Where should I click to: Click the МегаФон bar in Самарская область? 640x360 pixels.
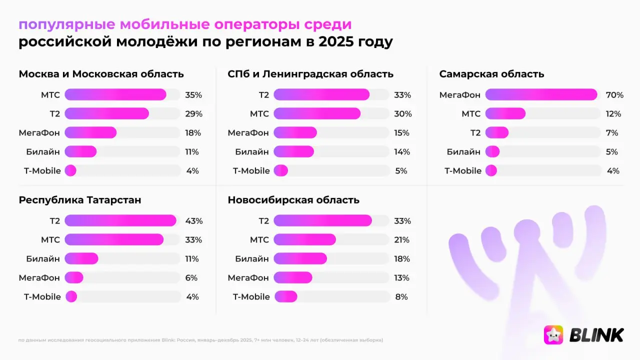(x=541, y=94)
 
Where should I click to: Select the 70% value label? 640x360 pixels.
(x=614, y=94)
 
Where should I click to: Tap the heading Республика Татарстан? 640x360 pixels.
(x=80, y=200)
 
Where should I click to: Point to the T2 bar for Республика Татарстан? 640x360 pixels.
(x=120, y=220)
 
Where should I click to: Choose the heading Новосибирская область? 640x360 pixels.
(x=293, y=200)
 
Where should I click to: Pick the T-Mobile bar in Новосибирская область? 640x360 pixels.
(x=285, y=296)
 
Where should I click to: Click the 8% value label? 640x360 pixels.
(x=401, y=296)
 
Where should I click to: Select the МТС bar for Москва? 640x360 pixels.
(x=115, y=94)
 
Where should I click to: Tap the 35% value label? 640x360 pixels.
(x=193, y=94)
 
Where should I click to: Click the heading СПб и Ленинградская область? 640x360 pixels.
(x=310, y=74)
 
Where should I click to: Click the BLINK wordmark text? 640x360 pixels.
(x=596, y=335)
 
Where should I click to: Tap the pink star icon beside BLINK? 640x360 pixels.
(x=553, y=335)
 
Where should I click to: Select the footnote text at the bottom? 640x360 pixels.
(x=200, y=340)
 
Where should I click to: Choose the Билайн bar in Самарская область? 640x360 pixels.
(x=492, y=151)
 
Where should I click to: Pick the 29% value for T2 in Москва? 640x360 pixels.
(x=193, y=113)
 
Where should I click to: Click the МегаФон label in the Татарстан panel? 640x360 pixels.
(x=39, y=277)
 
